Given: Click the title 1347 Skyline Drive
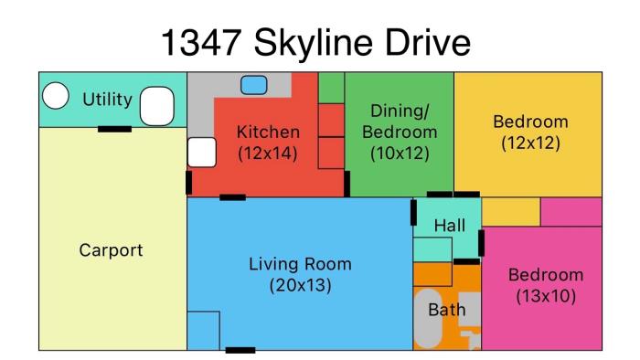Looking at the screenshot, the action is pos(316,42).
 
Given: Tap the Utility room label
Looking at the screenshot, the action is pos(107,100).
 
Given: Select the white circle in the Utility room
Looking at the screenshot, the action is pos(56,95).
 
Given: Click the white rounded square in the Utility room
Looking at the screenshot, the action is pos(157,106).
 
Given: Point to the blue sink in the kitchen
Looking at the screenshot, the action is pos(254,85).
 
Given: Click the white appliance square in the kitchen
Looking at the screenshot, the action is pos(202,153).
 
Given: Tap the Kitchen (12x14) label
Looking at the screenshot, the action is pos(268,143).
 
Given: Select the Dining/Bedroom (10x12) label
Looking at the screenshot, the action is pos(400,132).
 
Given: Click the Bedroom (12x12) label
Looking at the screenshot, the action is pos(530,132).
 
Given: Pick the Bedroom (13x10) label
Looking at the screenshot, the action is pos(546,285).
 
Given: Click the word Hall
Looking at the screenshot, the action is pos(450,226).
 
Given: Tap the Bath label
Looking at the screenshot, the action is pos(447,310).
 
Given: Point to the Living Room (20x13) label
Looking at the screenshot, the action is pos(301,275).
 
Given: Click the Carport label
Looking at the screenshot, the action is pos(111,250).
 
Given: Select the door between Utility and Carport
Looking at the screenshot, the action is pos(114,129).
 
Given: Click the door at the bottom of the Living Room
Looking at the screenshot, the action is pos(240,350).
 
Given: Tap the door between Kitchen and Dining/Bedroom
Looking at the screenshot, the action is pos(347,185).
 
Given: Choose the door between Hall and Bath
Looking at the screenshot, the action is pos(466,261).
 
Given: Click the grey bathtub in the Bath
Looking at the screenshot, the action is pos(428,318).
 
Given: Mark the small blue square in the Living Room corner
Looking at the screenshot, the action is pos(203,331).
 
